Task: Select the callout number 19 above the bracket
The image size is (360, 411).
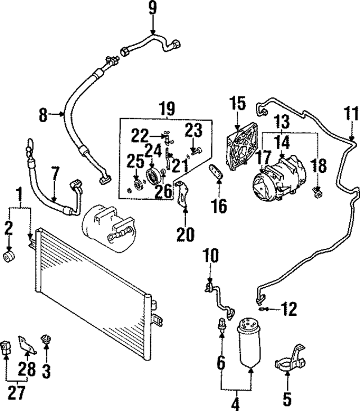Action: (x=167, y=108)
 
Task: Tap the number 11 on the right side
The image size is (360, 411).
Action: (x=351, y=113)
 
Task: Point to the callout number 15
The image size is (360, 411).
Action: (x=237, y=104)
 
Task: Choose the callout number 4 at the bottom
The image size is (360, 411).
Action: (x=235, y=403)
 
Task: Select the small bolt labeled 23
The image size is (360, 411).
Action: (x=195, y=150)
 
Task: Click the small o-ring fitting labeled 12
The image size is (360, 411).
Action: (x=262, y=308)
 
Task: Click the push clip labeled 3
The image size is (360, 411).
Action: (x=46, y=339)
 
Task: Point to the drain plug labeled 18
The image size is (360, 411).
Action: (x=318, y=194)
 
